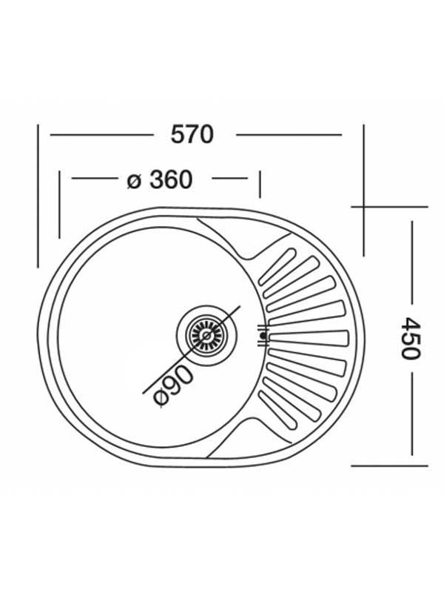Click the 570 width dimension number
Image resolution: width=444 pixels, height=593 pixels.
(x=192, y=134)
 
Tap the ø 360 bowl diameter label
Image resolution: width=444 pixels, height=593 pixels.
(x=160, y=179)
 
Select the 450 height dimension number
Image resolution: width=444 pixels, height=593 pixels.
(x=410, y=338)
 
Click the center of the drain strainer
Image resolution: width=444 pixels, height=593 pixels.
(x=206, y=335)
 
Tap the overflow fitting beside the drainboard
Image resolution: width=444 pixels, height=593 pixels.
(x=263, y=335)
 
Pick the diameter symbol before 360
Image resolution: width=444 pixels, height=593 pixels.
(x=134, y=181)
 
